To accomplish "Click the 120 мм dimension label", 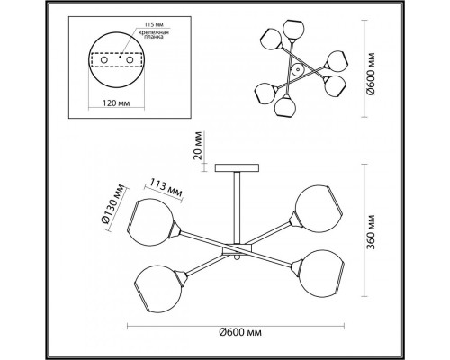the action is (116, 103).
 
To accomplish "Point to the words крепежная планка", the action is (154, 35).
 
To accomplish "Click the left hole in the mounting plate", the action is (104, 60).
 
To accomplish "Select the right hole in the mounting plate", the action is (130, 60).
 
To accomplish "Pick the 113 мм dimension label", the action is (166, 189).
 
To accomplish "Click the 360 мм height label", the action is (371, 231).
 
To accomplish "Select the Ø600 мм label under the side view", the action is (240, 332).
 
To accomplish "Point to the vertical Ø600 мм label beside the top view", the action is (371, 74).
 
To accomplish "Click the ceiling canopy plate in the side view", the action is (237, 168).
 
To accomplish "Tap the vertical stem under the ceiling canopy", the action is (237, 208).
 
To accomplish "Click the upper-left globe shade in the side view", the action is (151, 222).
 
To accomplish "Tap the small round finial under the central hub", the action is (237, 257).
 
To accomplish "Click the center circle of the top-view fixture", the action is (298, 70).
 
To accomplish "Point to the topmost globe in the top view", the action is (294, 29).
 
